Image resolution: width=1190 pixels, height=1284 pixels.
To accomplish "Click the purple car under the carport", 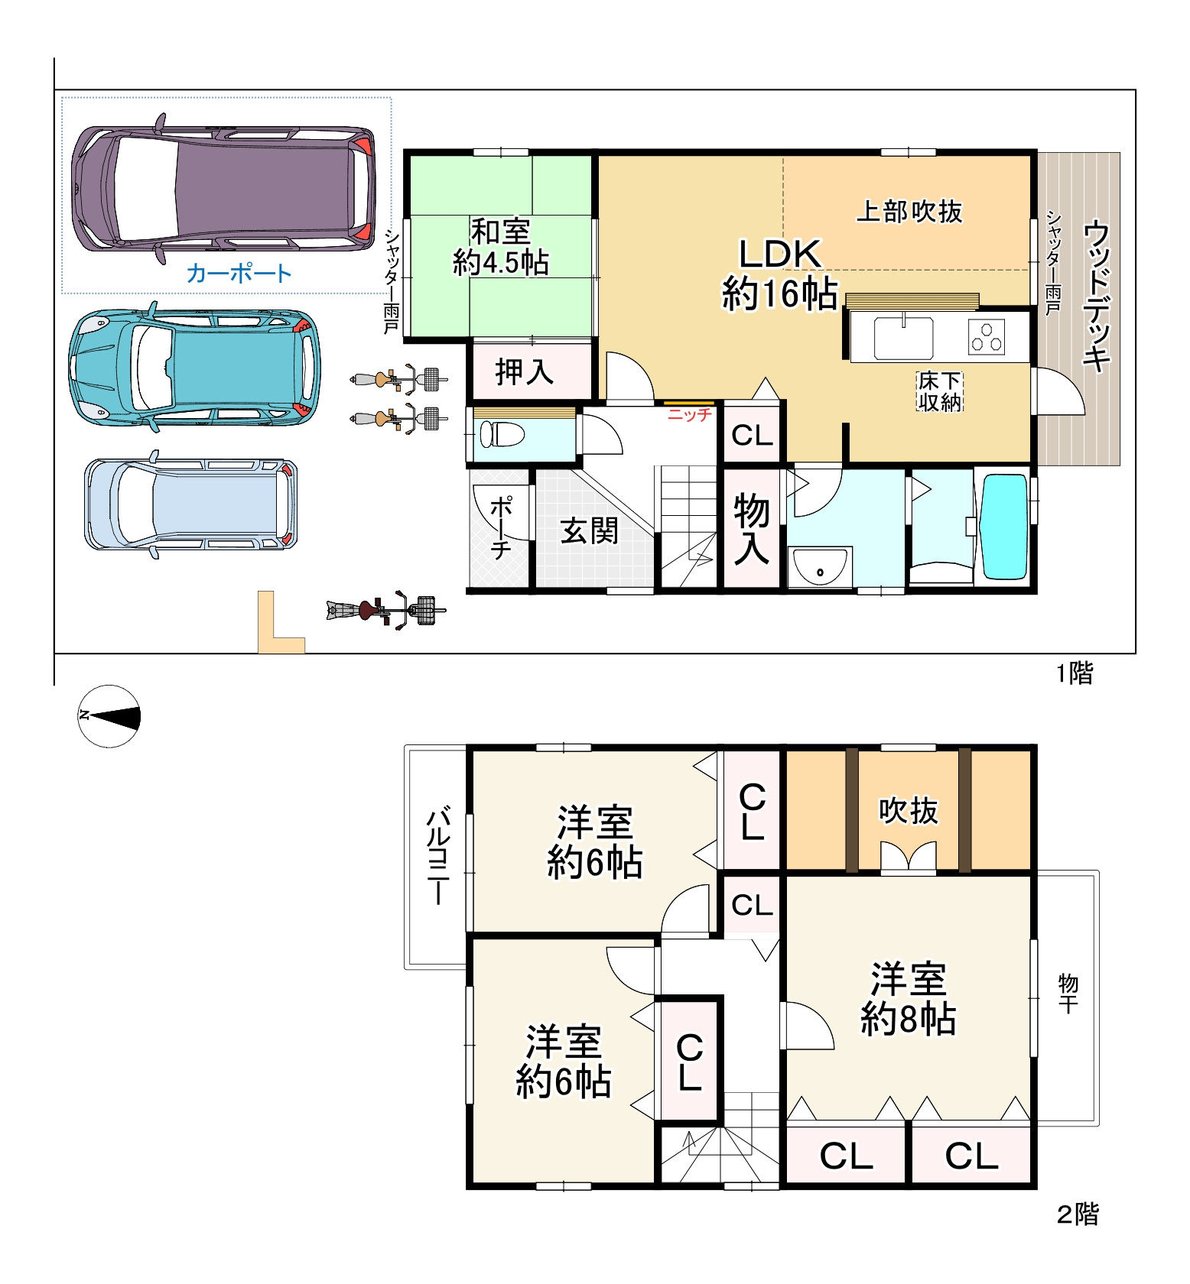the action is tap(223, 189).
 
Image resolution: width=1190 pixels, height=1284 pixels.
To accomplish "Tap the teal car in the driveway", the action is tap(194, 368).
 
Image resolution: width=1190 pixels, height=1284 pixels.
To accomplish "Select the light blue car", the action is tap(190, 504).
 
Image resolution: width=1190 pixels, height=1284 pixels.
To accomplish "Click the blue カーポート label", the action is tap(239, 274).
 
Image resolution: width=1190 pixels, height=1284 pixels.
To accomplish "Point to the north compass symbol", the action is tap(109, 716).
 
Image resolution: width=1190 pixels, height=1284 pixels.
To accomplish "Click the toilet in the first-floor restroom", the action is tap(502, 435).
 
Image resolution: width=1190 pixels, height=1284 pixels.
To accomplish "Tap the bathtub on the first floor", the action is tap(1005, 527).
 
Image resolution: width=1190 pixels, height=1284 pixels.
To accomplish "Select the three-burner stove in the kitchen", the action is tap(987, 336).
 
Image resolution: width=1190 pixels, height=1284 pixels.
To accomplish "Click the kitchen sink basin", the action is tap(903, 337).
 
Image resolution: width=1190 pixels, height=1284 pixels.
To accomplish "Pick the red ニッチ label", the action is tap(689, 415).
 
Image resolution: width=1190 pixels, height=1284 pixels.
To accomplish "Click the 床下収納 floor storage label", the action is tap(940, 391).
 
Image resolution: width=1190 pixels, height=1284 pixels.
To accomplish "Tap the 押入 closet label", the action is tap(525, 371).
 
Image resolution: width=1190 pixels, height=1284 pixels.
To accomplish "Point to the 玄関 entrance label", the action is tap(589, 530).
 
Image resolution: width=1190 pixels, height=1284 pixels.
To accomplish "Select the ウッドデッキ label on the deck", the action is tap(1097, 296).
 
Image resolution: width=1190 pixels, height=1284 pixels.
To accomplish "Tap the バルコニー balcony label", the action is tap(437, 855).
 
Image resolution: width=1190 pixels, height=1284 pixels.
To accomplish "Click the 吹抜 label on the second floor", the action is tap(908, 811).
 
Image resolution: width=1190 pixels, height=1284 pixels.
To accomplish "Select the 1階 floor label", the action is tap(1075, 673).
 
